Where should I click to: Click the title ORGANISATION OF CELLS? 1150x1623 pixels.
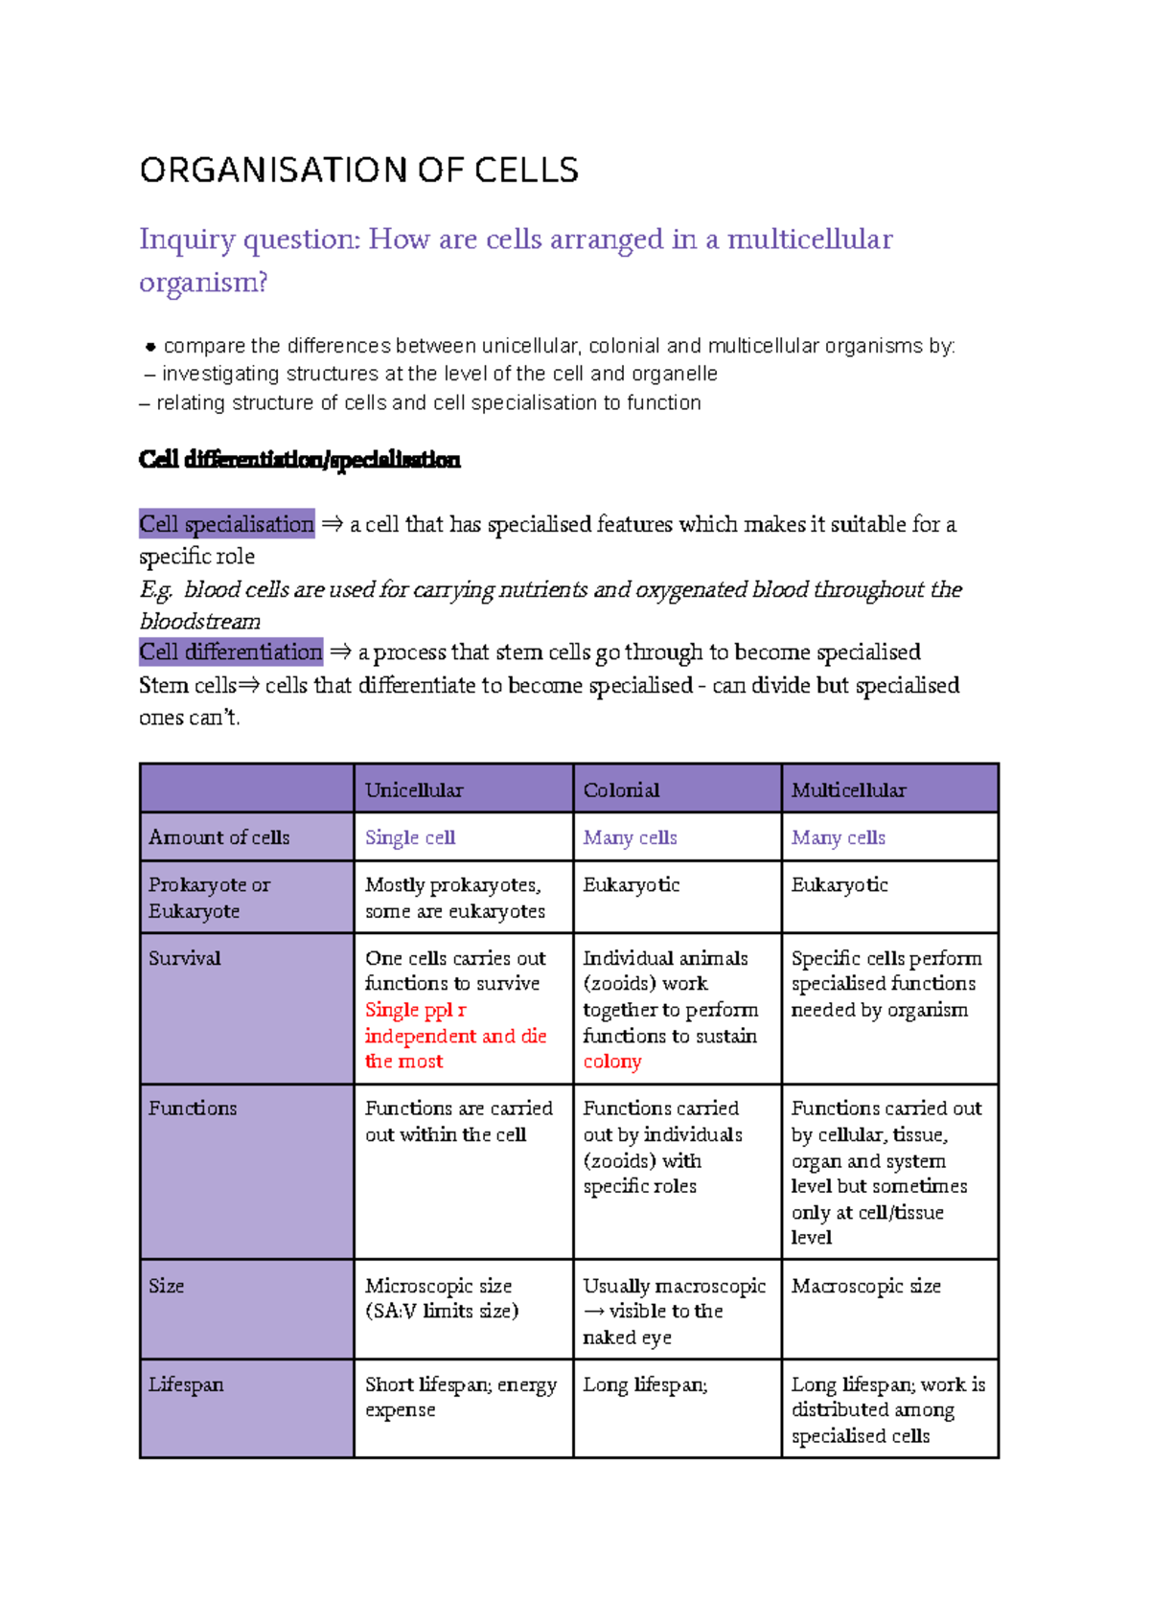(358, 171)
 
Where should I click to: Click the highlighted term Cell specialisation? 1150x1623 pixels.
(226, 524)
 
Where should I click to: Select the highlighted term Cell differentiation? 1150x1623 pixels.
(231, 652)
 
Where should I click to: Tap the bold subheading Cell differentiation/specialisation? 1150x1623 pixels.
(299, 460)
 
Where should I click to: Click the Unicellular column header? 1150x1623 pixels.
(413, 790)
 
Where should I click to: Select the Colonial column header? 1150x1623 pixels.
(621, 790)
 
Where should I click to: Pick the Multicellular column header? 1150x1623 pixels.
(848, 790)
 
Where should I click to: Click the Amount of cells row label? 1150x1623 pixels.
(218, 837)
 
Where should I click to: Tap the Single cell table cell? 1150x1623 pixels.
(409, 837)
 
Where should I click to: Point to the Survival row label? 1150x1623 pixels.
(184, 958)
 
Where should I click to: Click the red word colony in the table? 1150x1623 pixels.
(611, 1062)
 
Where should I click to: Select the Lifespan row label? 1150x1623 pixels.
(186, 1384)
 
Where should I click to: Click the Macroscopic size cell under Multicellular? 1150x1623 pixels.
(865, 1286)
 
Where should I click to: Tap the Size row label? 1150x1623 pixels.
(166, 1286)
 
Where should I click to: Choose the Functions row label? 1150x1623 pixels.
(192, 1109)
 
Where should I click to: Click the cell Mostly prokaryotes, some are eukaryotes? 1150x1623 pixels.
(454, 898)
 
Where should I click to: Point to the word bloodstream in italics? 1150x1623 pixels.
(199, 622)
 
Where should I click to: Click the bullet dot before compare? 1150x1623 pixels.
(150, 347)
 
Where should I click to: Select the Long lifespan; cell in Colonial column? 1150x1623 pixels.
(645, 1384)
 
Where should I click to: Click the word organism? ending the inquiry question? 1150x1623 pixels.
(203, 283)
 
